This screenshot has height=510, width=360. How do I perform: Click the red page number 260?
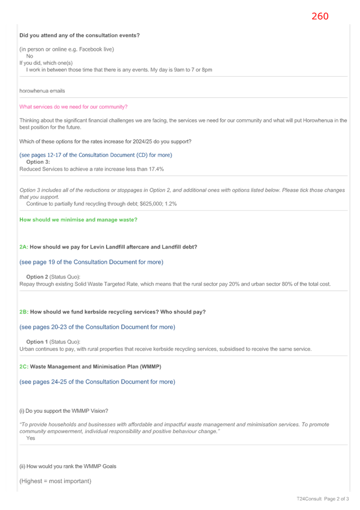point(320,16)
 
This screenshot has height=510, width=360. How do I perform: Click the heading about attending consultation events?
point(80,36)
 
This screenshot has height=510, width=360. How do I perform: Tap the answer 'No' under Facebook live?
point(29,56)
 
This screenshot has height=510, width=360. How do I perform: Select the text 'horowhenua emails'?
point(42,91)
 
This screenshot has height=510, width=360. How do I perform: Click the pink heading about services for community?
point(73,107)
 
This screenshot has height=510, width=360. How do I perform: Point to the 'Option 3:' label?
point(38,162)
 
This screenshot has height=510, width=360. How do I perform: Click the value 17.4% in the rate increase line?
point(156,169)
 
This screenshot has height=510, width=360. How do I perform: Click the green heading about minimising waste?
point(78,220)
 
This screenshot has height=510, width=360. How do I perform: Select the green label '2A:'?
point(24,247)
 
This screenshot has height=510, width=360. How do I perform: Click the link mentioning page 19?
point(91,262)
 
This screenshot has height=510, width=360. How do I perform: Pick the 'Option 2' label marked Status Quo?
point(37,277)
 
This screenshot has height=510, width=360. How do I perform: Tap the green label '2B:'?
point(24,312)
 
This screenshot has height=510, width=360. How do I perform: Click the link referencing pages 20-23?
point(97,327)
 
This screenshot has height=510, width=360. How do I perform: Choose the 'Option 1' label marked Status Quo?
point(37,342)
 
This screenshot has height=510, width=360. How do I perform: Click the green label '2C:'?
point(24,367)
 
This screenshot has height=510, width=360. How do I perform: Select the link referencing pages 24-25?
point(97,382)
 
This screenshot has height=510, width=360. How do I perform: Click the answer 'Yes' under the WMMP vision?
point(30,438)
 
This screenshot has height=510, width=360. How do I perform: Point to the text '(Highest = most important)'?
point(55,481)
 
